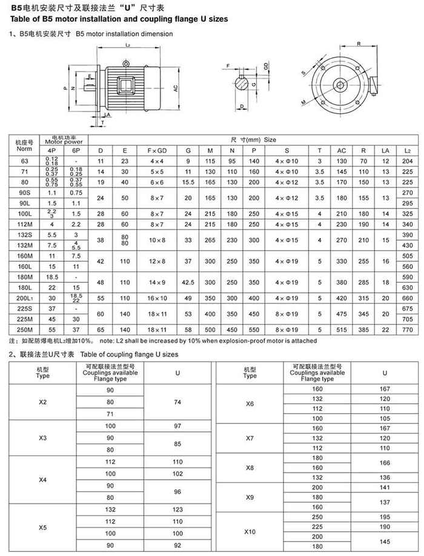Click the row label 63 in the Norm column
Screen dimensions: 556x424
pyautogui.click(x=24, y=161)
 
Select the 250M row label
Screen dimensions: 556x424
pyautogui.click(x=24, y=329)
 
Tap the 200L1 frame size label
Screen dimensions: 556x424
pyautogui.click(x=24, y=299)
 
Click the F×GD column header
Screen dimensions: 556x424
pyautogui.click(x=157, y=150)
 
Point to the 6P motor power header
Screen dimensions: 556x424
pyautogui.click(x=76, y=150)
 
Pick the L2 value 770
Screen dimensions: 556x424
pyautogui.click(x=407, y=329)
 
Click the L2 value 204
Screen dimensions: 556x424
pyautogui.click(x=407, y=161)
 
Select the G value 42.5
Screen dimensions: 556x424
pyautogui.click(x=188, y=282)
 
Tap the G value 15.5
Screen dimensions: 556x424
pyautogui.click(x=188, y=182)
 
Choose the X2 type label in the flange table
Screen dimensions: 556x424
pyautogui.click(x=42, y=402)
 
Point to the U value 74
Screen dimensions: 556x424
pyautogui.click(x=177, y=402)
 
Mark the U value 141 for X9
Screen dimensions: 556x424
pyautogui.click(x=385, y=487)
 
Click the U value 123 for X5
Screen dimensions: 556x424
pyautogui.click(x=177, y=509)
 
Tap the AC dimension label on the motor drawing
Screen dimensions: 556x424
pyautogui.click(x=175, y=88)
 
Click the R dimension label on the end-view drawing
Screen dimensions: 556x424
pyautogui.click(x=359, y=44)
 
